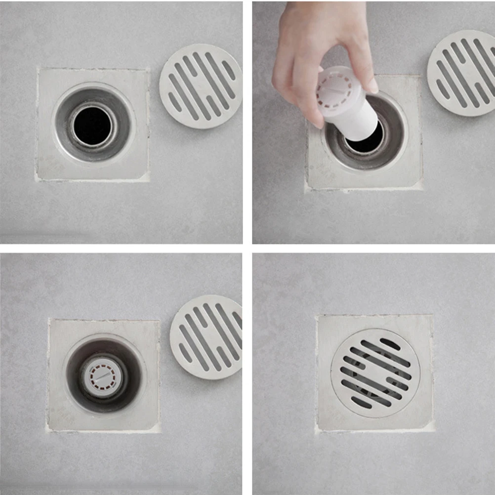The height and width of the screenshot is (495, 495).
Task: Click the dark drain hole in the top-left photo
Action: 92,125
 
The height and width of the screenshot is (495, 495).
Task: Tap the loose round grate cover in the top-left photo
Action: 201,86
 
